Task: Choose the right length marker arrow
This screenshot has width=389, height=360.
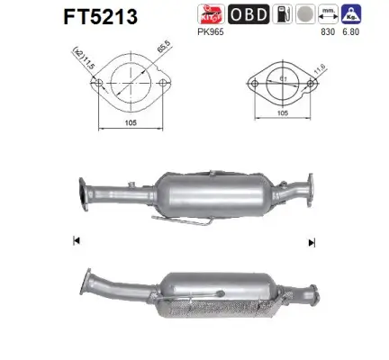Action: click(312, 242)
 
